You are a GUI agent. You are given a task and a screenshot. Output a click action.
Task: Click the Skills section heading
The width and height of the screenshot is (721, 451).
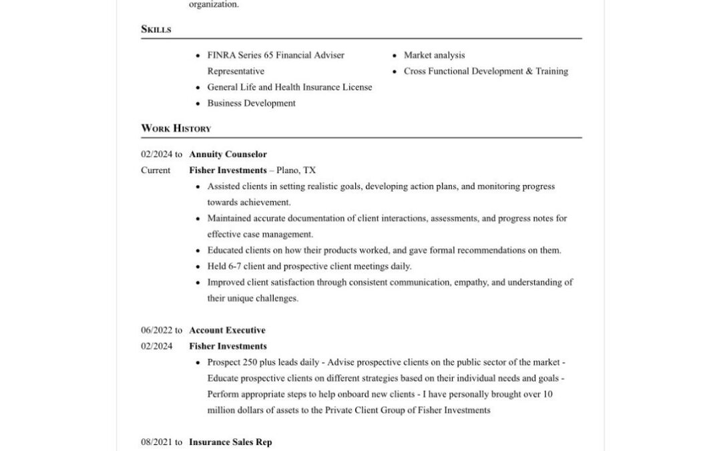pyautogui.click(x=156, y=29)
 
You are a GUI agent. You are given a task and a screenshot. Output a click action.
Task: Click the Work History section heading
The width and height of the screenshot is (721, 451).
pyautogui.click(x=176, y=128)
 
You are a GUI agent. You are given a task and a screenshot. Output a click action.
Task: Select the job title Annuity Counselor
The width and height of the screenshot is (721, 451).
pyautogui.click(x=228, y=154)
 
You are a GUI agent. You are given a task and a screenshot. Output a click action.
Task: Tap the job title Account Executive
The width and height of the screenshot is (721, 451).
pyautogui.click(x=227, y=330)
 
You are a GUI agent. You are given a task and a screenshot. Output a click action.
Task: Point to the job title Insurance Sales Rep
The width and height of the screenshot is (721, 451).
pyautogui.click(x=230, y=442)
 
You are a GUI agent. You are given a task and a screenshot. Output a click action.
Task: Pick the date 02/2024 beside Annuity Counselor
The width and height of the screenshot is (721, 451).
pyautogui.click(x=157, y=154)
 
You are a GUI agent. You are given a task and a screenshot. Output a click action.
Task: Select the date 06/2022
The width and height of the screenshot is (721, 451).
pyautogui.click(x=157, y=330)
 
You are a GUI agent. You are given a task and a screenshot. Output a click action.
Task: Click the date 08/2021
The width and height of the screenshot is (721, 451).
pyautogui.click(x=157, y=442)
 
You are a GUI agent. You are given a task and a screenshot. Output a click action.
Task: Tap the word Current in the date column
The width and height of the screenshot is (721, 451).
pyautogui.click(x=156, y=170)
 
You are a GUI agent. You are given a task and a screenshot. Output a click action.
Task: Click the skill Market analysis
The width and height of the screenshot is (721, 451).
pyautogui.click(x=434, y=55)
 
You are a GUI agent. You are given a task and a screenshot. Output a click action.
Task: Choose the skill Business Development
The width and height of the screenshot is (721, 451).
pyautogui.click(x=251, y=104)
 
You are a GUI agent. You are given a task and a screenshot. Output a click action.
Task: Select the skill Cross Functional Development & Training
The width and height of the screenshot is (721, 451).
pyautogui.click(x=485, y=71)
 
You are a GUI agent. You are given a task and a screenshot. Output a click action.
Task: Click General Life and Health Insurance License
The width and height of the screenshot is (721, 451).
pyautogui.click(x=290, y=88)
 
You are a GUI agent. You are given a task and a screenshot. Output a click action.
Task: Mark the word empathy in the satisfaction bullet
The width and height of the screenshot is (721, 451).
pyautogui.click(x=471, y=283)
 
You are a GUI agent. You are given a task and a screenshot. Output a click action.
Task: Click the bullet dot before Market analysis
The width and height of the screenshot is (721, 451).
pyautogui.click(x=395, y=55)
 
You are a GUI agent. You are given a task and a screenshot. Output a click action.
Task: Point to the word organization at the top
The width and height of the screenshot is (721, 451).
pyautogui.click(x=213, y=5)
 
